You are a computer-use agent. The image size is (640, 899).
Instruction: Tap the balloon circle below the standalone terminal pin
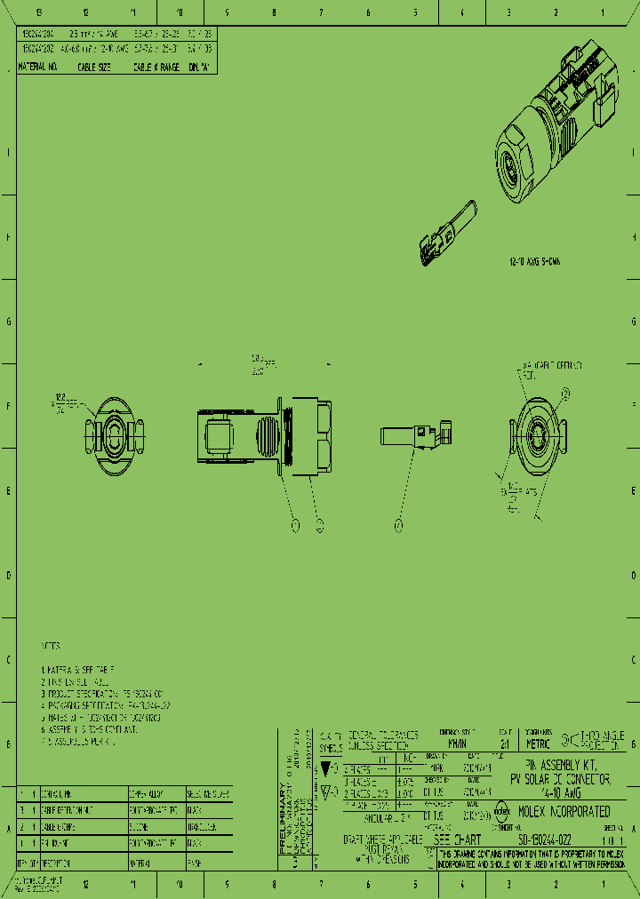click(x=398, y=526)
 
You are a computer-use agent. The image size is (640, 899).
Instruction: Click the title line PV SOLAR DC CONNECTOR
click(x=559, y=778)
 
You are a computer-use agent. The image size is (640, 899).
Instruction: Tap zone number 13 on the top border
click(x=38, y=13)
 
